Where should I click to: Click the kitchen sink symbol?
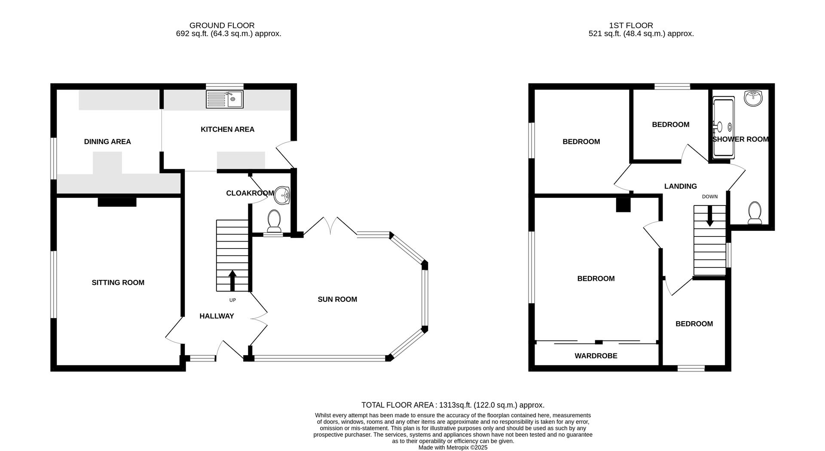coord(224,99)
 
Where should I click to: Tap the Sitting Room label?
coord(118,282)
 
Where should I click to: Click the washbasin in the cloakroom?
coord(282,195)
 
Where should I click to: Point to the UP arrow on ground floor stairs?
coord(232,280)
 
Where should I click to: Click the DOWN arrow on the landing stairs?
coord(709,216)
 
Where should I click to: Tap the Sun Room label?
coord(337,299)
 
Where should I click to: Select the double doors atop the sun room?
coord(331,226)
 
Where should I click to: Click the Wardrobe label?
coord(596,356)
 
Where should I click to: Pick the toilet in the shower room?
coord(755,213)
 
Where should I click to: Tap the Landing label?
coord(680,186)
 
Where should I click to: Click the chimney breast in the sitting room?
coord(117,202)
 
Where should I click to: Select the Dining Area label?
coord(107,141)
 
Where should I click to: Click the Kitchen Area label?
coord(227,129)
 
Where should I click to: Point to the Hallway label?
coord(217,316)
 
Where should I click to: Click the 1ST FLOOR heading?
coord(631,25)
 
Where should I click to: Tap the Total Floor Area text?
coord(452,405)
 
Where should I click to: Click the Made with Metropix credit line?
coord(453,448)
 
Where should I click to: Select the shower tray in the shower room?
coord(724,127)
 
